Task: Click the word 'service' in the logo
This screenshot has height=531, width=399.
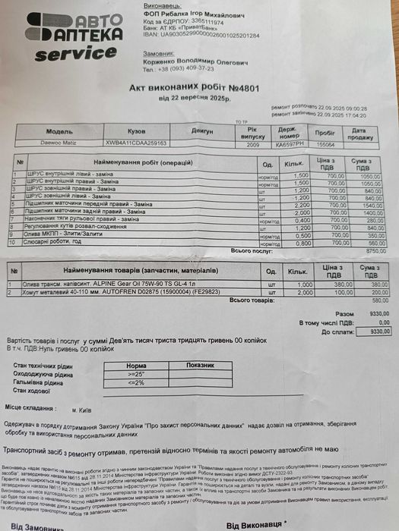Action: click(74, 55)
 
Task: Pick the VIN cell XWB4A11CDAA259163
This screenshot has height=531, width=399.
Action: click(144, 142)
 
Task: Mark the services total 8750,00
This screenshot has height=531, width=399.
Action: click(367, 251)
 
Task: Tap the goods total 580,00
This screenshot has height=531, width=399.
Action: click(368, 300)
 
